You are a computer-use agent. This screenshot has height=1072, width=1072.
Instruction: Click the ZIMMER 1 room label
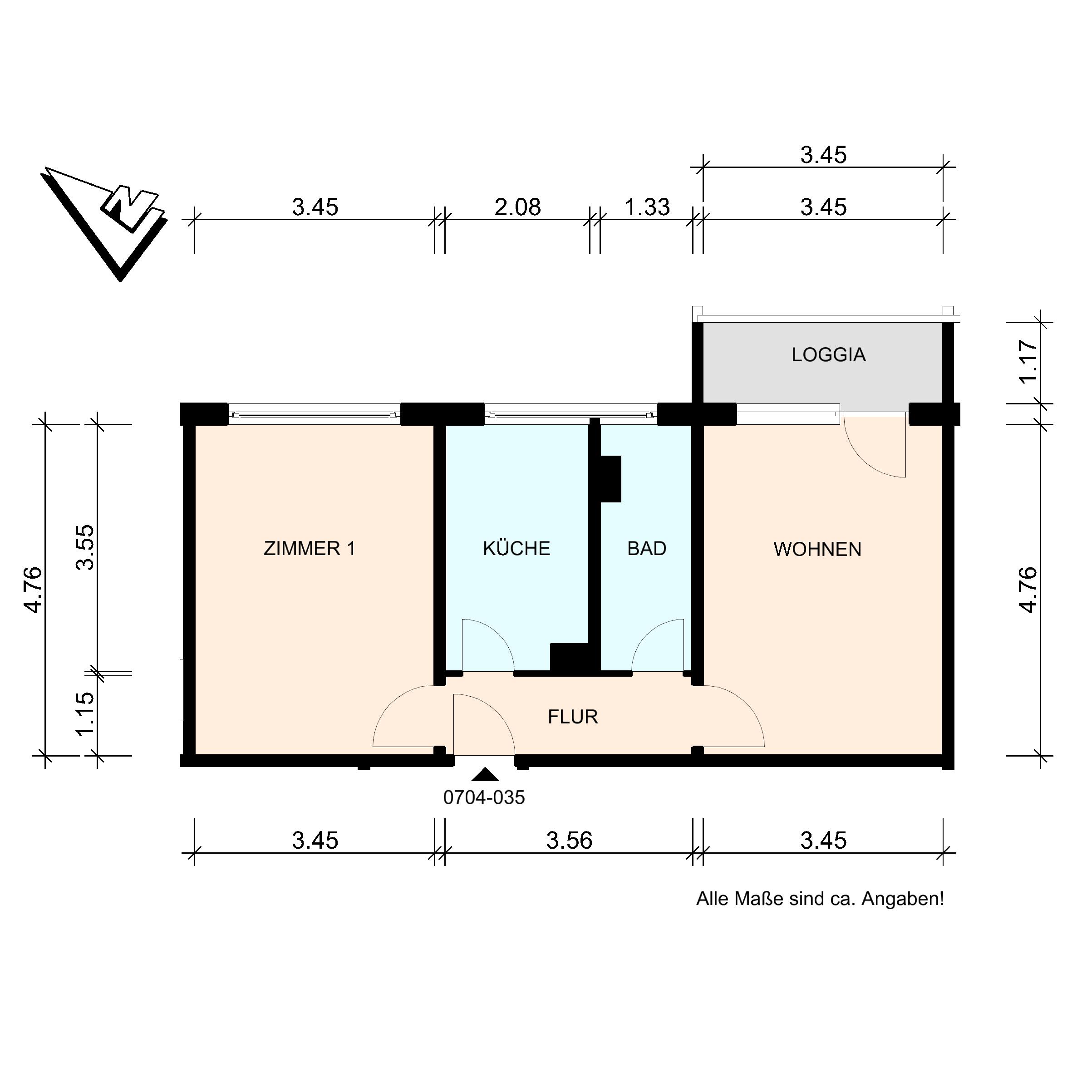(309, 549)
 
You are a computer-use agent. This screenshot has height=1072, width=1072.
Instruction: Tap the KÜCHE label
(516, 549)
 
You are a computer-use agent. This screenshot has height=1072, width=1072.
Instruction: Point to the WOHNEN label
(817, 549)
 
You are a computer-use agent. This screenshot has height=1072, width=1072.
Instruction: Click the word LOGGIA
(828, 355)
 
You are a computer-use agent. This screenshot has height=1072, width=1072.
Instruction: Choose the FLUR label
(573, 718)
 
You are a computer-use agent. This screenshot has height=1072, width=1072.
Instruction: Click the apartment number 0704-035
(484, 798)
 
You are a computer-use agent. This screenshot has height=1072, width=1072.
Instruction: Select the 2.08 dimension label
(518, 207)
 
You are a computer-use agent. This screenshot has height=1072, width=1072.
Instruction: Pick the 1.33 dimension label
(647, 207)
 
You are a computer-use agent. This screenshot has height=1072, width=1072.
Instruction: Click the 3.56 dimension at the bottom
(569, 841)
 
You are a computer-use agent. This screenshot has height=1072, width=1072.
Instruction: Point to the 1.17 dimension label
(1028, 362)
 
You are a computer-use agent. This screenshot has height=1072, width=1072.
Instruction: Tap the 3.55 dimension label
(86, 548)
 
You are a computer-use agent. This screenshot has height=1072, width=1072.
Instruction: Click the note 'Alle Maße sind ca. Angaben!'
(820, 899)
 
